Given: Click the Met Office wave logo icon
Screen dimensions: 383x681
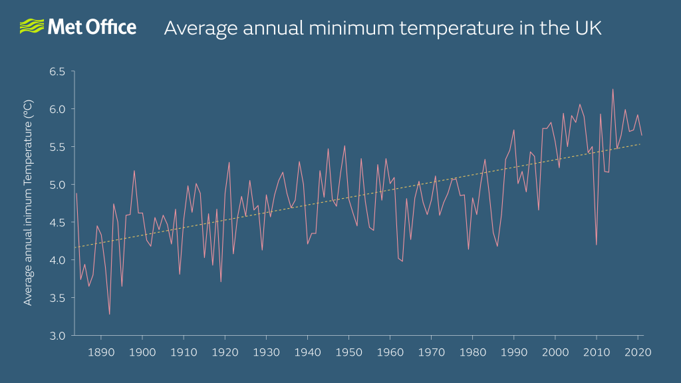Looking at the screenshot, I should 31,27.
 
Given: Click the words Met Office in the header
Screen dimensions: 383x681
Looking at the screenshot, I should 91,27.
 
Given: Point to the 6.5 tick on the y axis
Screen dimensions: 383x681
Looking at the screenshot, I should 58,71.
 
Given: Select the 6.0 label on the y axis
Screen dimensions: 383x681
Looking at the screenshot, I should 58,109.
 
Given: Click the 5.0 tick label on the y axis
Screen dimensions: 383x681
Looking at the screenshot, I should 58,185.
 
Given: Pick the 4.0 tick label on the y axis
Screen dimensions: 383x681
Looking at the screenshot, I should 58,260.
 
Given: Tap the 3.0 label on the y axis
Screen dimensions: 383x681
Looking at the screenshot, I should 58,335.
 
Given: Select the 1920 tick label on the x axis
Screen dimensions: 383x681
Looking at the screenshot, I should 225,352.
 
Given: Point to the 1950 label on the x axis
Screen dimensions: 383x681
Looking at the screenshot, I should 349,352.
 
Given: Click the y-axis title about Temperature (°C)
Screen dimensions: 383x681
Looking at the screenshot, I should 28,202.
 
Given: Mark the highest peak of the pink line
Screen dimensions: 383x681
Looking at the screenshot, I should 613,89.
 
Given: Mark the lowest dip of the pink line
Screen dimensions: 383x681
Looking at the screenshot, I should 109,314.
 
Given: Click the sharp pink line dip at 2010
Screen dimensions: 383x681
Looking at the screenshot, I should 596,245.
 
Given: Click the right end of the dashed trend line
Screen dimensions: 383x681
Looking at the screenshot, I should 641,144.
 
